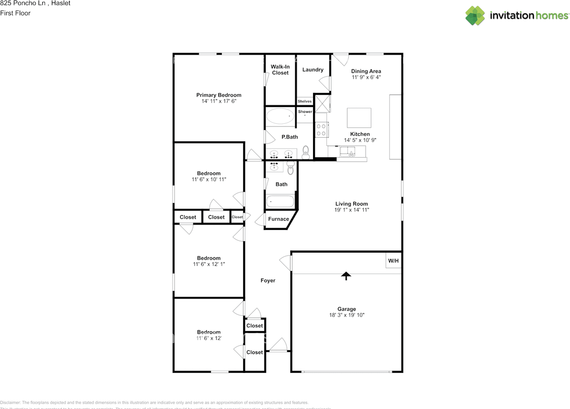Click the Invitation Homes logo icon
tap(475, 16)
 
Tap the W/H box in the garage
tap(393, 261)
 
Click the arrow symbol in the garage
tap(346, 276)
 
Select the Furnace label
tap(278, 219)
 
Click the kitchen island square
tap(359, 118)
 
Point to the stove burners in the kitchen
tap(321, 130)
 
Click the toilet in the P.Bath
tap(305, 153)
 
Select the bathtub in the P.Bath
tap(280, 117)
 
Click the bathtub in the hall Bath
tap(280, 202)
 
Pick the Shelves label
tap(305, 102)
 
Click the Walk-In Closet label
tap(281, 70)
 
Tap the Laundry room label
tap(313, 70)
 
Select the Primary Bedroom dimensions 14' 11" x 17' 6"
tap(219, 101)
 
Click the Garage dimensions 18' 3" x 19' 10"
tap(346, 315)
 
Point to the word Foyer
tap(268, 281)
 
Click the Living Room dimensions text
tap(351, 210)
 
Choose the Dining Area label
tap(366, 71)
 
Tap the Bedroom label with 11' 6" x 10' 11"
tap(209, 173)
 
